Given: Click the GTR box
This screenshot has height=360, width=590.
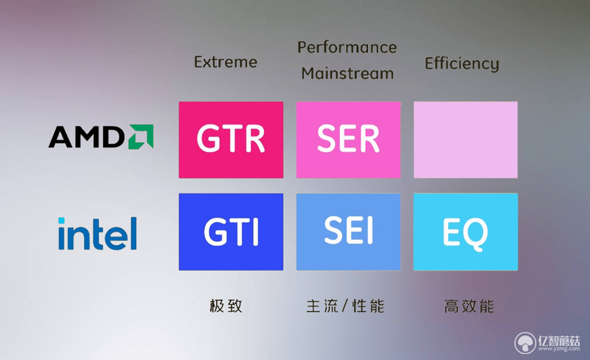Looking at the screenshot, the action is pos(231,139).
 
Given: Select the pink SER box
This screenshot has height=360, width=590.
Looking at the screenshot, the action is pos(348,139).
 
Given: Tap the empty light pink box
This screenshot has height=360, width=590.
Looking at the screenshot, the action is pos(466,139).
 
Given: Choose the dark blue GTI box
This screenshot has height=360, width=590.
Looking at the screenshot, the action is pos(231,232).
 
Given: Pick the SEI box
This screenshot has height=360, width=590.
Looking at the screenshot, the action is pos(348,232).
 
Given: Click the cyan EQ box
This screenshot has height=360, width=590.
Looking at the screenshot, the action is pos(466,232).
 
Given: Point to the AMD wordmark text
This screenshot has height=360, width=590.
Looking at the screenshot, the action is pos(86,136).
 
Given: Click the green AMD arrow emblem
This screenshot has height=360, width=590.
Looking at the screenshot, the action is pos(141,136).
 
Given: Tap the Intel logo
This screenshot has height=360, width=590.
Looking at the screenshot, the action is pos(97,233).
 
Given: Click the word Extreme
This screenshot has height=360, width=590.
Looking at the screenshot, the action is pos(226,62).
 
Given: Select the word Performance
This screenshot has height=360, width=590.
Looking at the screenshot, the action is pos(347,47).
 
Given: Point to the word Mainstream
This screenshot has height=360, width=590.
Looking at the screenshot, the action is pos(347,73).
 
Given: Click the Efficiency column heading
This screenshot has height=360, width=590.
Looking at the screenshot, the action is pos(462,64).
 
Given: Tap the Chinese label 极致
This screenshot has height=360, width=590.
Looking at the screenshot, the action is pos(226,305).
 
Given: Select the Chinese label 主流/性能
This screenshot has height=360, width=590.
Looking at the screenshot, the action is pos(345,305).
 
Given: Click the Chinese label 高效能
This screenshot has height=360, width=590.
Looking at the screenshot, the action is pos(469,306).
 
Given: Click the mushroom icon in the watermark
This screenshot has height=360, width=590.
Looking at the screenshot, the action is pos(525,343).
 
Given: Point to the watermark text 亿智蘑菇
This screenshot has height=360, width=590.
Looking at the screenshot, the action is pos(559,340).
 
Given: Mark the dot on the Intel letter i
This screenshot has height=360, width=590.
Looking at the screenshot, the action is pos(61,221).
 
